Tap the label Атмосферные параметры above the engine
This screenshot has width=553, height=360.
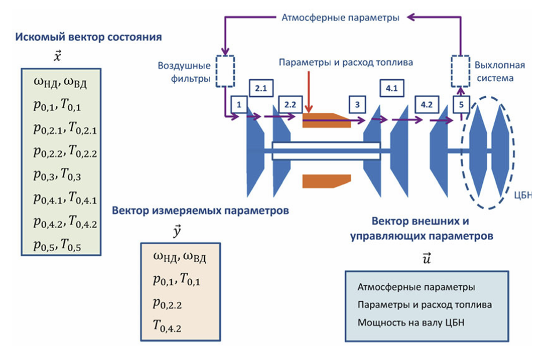coord(340,18)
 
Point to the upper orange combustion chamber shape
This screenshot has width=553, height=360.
coord(326,119)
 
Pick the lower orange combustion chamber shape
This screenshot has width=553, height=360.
coord(326,181)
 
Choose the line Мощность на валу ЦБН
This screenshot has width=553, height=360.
coord(411,322)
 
